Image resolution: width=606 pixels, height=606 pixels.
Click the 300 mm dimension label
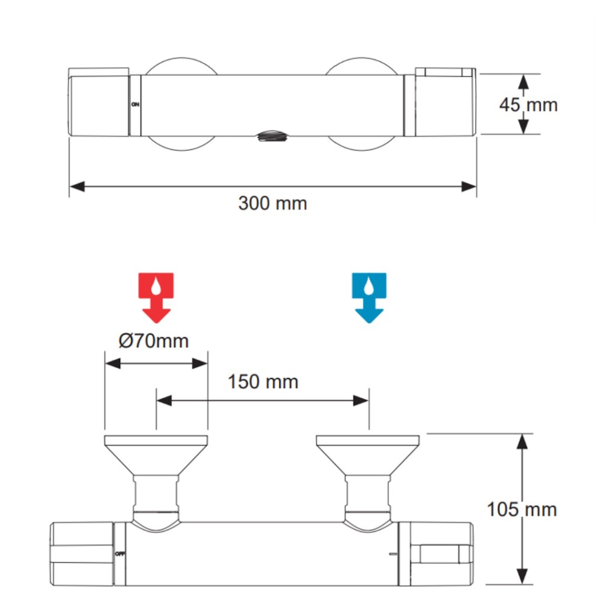click(272, 204)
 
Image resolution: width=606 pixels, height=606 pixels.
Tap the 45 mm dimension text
click(528, 105)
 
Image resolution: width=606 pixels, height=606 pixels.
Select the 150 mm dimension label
click(263, 382)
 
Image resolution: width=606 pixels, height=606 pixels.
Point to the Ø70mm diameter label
click(153, 341)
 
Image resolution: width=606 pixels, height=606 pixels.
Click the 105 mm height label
click(522, 510)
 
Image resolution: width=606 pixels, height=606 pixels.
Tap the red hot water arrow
click(156, 298)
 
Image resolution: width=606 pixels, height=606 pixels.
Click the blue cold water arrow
click(369, 298)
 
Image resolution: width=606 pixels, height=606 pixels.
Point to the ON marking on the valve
click(136, 104)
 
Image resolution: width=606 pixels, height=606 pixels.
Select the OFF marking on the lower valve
click(120, 554)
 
